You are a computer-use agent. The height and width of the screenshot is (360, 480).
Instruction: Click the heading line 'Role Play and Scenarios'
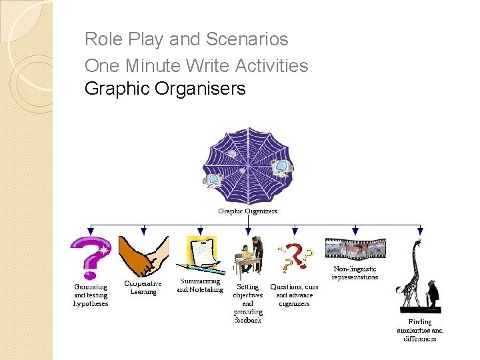187,40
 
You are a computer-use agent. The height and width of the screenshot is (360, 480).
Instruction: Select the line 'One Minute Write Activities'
196,65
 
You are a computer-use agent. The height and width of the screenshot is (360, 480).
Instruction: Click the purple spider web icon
248,165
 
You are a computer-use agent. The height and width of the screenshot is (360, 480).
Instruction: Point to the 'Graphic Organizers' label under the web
248,211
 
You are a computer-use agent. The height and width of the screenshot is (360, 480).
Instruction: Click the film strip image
355,249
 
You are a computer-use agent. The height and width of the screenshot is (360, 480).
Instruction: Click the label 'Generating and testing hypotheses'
91,295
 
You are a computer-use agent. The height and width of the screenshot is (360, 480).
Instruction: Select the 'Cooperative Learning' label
143,287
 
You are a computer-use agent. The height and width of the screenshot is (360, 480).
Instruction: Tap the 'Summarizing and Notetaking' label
200,286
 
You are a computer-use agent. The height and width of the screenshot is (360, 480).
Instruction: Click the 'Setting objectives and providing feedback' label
248,303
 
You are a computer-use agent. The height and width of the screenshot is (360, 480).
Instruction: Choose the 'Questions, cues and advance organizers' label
294,295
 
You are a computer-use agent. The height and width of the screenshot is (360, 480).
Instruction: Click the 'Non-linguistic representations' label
355,273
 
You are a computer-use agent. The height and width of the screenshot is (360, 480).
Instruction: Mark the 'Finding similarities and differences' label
420,330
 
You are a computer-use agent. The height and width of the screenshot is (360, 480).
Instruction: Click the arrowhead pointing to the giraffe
419,231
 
